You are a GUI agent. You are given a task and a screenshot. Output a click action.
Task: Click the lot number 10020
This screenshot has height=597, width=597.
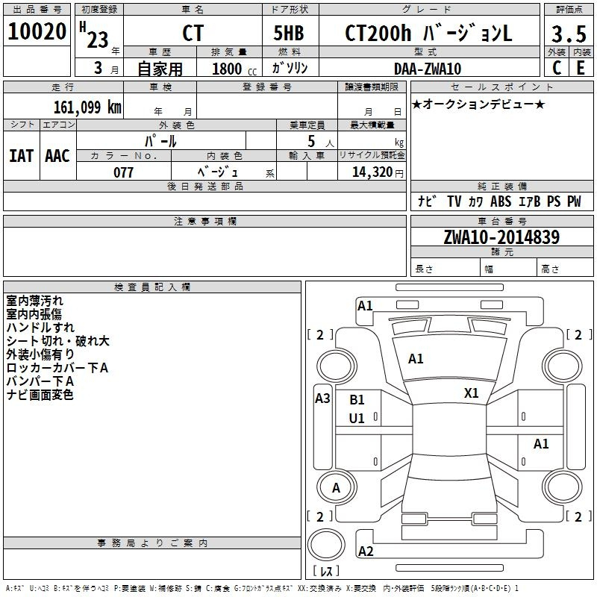tap(37, 31)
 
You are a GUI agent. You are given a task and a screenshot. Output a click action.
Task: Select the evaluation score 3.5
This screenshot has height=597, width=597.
tap(569, 34)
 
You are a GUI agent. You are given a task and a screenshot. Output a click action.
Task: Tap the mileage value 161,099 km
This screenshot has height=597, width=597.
tap(87, 107)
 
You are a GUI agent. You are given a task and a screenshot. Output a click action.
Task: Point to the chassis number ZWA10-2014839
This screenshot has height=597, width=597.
tap(501, 237)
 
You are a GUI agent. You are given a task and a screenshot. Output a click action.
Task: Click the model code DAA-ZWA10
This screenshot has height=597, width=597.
tap(428, 69)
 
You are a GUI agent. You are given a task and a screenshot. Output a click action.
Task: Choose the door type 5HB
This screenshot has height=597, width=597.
tap(289, 33)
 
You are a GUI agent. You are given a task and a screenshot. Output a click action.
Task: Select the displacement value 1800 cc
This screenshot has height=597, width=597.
tap(234, 69)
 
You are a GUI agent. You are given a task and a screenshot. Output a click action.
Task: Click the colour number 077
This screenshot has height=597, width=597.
tap(123, 172)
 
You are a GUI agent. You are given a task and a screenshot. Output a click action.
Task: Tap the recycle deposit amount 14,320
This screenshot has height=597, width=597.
tap(372, 172)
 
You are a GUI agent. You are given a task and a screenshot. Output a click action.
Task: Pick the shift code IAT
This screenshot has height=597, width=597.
tap(22, 156)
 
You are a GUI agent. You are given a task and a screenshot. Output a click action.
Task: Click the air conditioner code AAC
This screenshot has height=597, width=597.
tap(57, 156)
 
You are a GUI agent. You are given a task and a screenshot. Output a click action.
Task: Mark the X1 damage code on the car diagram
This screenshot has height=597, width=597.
tap(472, 393)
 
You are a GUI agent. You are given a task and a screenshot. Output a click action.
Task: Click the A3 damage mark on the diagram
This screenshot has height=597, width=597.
tap(322, 398)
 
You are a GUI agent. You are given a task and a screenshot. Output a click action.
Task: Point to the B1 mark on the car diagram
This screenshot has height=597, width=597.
tap(357, 400)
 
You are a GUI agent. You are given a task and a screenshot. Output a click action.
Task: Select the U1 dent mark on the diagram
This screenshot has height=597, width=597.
tap(357, 419)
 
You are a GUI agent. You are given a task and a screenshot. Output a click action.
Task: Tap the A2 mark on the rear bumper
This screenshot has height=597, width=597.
tap(366, 551)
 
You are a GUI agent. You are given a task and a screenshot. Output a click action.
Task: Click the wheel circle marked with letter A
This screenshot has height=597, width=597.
tap(337, 487)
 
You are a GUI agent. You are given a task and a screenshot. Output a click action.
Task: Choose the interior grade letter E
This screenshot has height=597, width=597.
tap(581, 68)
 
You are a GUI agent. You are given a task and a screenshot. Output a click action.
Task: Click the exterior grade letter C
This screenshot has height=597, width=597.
tap(557, 68)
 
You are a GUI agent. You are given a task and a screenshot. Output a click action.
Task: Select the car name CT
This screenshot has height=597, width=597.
tap(193, 33)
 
